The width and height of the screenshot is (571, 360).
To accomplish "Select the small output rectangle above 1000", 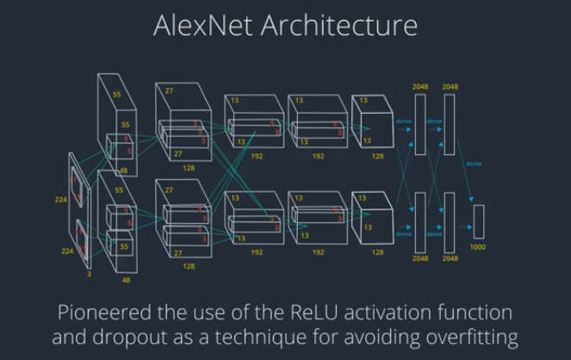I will [479, 221].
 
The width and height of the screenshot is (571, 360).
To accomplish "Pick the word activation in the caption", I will [391, 311].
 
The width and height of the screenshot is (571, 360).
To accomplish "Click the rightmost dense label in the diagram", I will [473, 163].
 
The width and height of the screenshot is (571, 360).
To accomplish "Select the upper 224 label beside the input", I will [60, 198].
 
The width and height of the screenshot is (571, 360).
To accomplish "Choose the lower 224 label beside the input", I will [60, 251].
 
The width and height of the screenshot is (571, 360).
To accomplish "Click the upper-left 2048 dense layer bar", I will [420, 124].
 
